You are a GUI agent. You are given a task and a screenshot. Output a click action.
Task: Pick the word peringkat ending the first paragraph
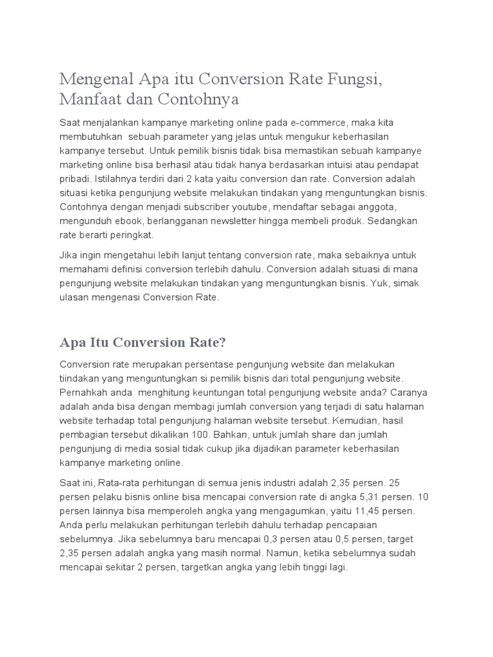click(126, 234)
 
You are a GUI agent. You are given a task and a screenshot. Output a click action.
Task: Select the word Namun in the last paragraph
click(296, 553)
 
